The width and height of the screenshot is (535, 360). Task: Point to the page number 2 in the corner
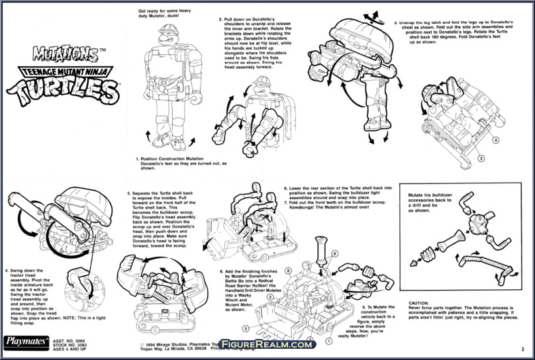(x=522, y=348)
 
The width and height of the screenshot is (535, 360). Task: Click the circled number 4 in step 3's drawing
(x=496, y=140)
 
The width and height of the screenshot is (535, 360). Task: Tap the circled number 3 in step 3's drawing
(x=482, y=157)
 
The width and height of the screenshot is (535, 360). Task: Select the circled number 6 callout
(x=335, y=253)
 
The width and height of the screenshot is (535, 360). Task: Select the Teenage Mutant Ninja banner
(x=60, y=67)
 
